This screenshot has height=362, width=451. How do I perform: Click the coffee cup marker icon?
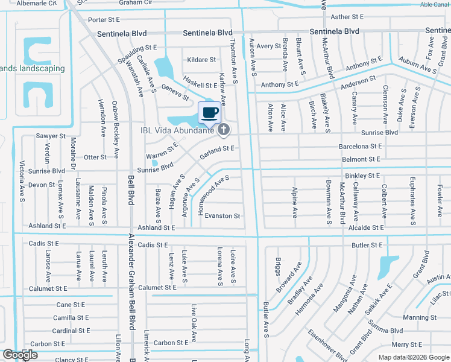tap(210, 112)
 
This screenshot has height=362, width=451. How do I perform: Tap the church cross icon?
tap(224, 129)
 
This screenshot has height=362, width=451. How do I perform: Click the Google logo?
tap(20, 355)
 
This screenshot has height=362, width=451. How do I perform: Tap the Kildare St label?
tap(201, 60)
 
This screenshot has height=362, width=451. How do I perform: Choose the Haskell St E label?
tap(200, 86)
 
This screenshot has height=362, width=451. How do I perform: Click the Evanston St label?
tap(222, 215)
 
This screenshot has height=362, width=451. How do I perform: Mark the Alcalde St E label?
tap(365, 227)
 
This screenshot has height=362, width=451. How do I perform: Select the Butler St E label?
tap(367, 246)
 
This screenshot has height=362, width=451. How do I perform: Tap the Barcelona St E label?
tap(360, 146)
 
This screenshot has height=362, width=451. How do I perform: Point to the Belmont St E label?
tap(361, 159)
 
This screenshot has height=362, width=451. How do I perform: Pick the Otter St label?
tap(95, 157)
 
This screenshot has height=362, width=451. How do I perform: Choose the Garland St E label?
tap(217, 148)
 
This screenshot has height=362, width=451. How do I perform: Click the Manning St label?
tap(420, 317)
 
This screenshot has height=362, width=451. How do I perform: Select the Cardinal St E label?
tap(71, 331)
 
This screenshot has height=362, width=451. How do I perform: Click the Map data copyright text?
tap(414, 357)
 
